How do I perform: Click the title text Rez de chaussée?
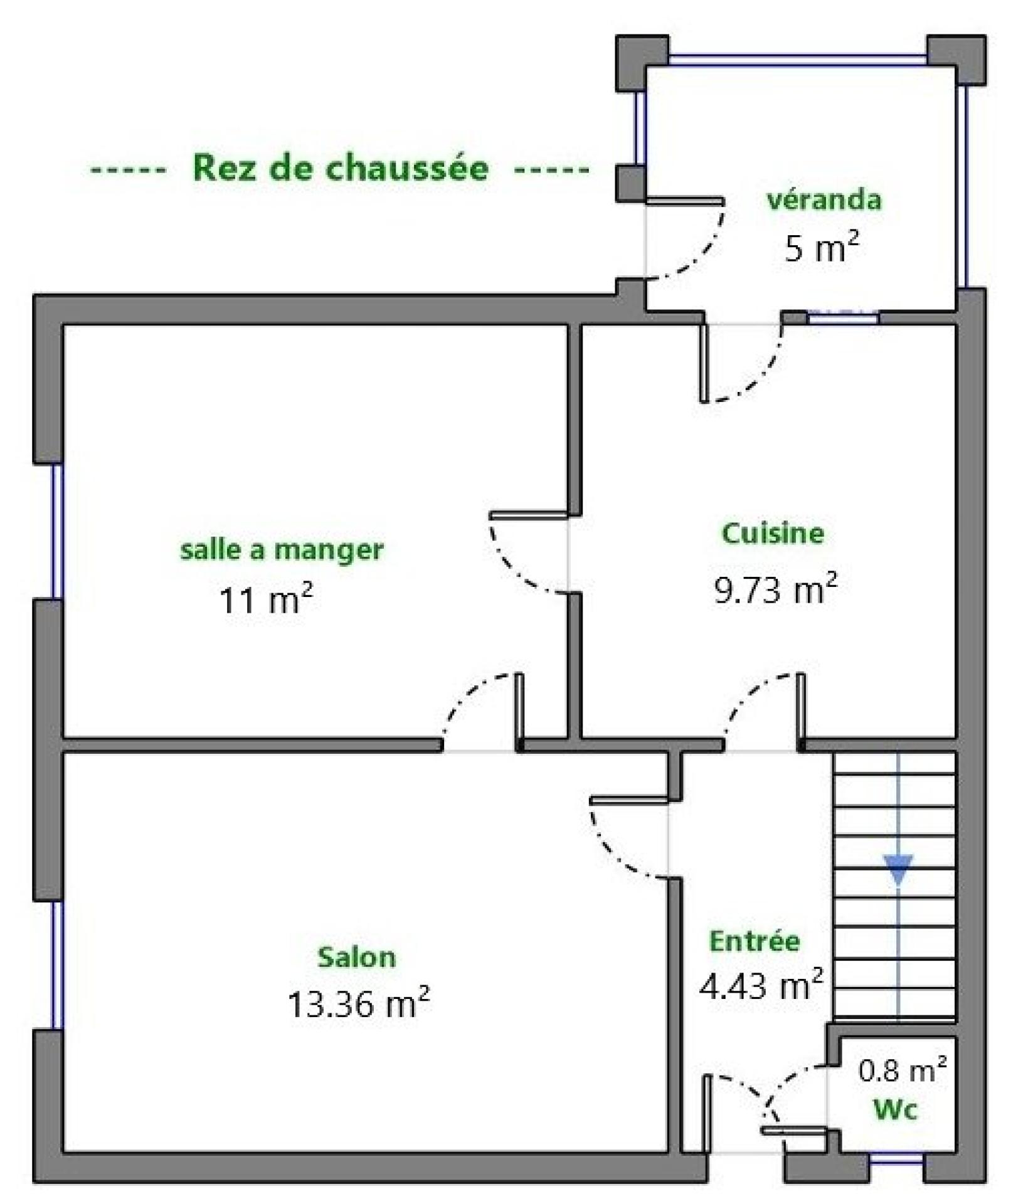coord(341,167)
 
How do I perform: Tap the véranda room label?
coord(824,199)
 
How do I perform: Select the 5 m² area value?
coord(821,246)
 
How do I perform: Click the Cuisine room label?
coord(773,533)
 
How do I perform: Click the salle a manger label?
coord(282,550)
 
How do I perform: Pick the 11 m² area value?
coord(265,599)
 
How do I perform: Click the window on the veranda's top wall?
coord(797,60)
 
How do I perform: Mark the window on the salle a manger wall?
coord(57,531)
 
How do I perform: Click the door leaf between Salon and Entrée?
coord(629,800)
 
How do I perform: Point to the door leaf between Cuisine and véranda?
coord(704,363)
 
